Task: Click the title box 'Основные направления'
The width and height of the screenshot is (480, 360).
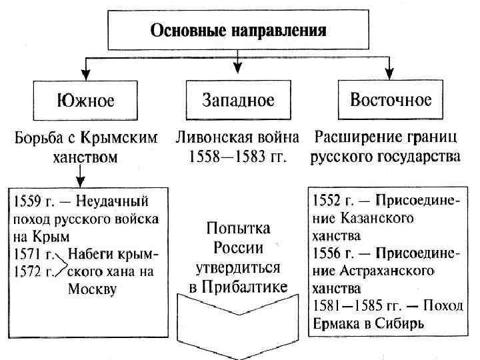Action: tap(238, 31)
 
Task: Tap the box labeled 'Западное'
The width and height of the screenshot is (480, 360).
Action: tap(238, 101)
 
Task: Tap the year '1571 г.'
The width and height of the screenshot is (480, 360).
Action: tap(30, 254)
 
